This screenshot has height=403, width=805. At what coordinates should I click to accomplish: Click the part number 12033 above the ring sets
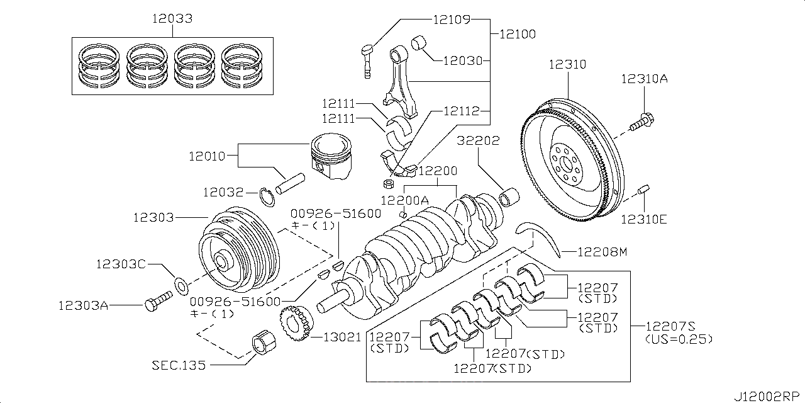[x=172, y=18]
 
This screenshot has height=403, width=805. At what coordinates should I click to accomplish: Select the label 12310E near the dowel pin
[x=644, y=219]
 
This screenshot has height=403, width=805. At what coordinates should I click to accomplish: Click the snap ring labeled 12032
[x=268, y=196]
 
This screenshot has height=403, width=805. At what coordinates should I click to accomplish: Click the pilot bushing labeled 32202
[x=509, y=197]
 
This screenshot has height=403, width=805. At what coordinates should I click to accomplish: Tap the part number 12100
[x=517, y=34]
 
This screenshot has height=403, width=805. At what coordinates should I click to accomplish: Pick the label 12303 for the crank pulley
[x=152, y=217]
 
